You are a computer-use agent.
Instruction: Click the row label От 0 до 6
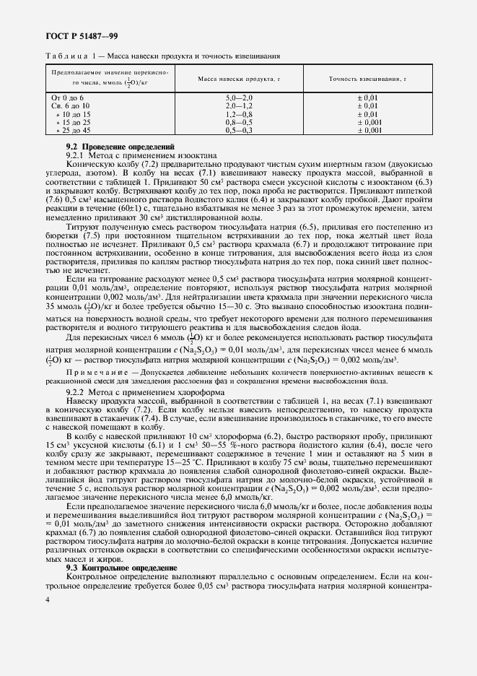coord(67,97)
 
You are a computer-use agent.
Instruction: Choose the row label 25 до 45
coord(74,131)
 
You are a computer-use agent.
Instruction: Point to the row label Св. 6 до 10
coord(70,105)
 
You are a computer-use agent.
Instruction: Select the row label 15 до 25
coord(74,123)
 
